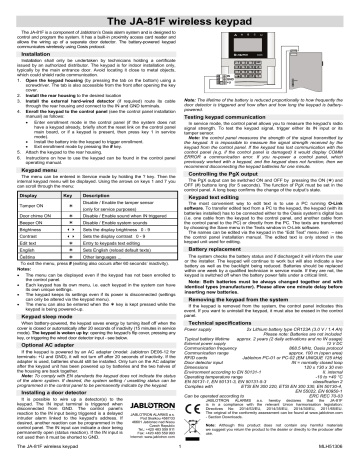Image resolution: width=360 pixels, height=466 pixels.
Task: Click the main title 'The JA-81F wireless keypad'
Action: [180, 14]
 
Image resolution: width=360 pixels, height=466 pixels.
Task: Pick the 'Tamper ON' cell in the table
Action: [31, 210]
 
